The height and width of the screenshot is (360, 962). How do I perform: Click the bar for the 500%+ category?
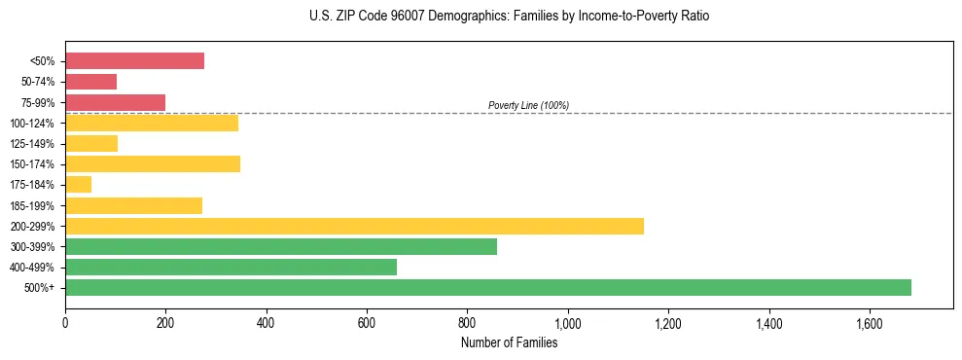tap(487, 287)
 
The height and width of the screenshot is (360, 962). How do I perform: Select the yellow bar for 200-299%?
tap(354, 226)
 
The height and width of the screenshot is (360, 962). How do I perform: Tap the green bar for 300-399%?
tap(280, 246)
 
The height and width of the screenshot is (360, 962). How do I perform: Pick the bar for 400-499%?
tap(231, 267)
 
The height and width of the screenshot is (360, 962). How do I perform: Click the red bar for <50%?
tap(134, 61)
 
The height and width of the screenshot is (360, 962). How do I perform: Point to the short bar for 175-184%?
tap(78, 185)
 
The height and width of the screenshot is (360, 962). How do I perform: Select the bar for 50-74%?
tap(90, 82)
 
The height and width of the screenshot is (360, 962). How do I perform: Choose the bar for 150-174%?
tap(152, 164)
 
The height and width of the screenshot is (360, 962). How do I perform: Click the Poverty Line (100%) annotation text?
tap(528, 105)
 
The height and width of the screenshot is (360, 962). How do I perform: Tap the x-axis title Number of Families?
tap(509, 342)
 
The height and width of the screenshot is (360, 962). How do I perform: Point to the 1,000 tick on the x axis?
tap(567, 321)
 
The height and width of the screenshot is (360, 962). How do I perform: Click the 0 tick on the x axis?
tap(65, 321)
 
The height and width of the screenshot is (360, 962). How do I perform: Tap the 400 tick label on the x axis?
tap(266, 321)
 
